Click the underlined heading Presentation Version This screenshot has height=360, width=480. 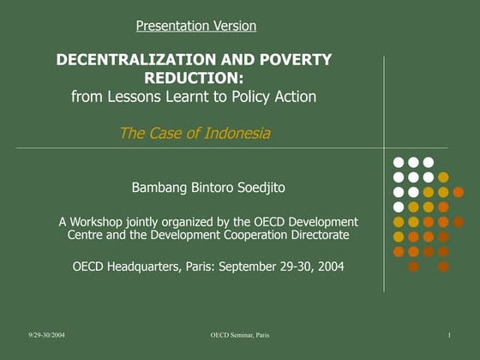tap(196, 26)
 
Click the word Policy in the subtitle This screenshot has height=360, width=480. tap(252, 97)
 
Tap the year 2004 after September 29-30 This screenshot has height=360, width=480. tap(329, 266)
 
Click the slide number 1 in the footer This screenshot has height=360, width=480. tap(449, 332)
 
